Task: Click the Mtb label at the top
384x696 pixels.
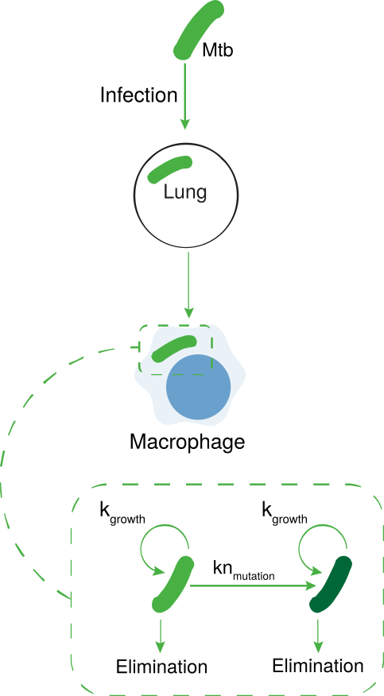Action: pyautogui.click(x=218, y=50)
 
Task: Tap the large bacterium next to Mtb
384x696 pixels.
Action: pyautogui.click(x=197, y=29)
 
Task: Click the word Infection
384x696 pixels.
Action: pyautogui.click(x=138, y=95)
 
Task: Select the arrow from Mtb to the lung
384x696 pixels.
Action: pyautogui.click(x=185, y=95)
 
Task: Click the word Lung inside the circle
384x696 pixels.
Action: pyautogui.click(x=185, y=192)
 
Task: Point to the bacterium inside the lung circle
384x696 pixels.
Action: pyautogui.click(x=170, y=169)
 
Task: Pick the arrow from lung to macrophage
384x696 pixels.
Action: pyautogui.click(x=189, y=285)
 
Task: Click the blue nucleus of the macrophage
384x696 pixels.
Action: pyautogui.click(x=199, y=387)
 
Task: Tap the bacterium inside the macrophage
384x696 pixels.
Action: pyautogui.click(x=173, y=349)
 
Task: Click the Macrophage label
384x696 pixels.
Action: pyautogui.click(x=188, y=442)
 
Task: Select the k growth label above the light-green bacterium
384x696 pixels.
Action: pyautogui.click(x=122, y=513)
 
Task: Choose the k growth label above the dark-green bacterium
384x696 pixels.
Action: pyautogui.click(x=284, y=513)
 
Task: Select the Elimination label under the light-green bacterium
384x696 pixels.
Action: pyautogui.click(x=161, y=667)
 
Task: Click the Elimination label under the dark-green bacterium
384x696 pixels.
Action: pyautogui.click(x=318, y=665)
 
